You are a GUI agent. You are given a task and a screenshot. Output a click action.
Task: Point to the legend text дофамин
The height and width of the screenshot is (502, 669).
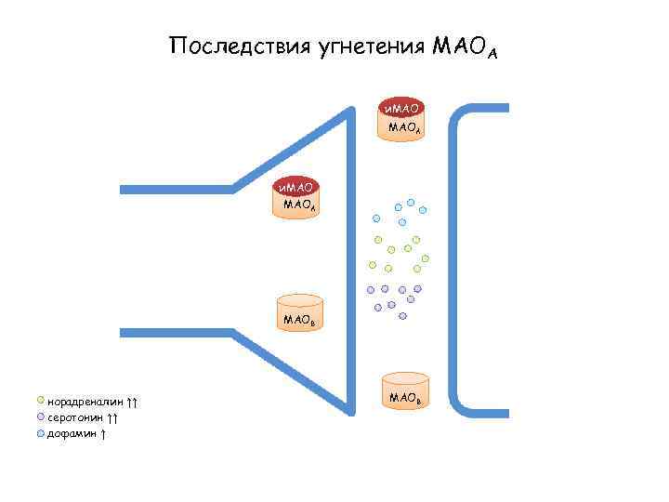pos(72,434)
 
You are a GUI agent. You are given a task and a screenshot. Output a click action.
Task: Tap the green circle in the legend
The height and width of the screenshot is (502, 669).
pos(40,401)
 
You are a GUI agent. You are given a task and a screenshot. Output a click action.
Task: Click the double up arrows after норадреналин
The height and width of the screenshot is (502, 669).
pos(133,402)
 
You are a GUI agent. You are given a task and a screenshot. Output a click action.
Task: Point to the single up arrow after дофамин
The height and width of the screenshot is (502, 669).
pos(103,434)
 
